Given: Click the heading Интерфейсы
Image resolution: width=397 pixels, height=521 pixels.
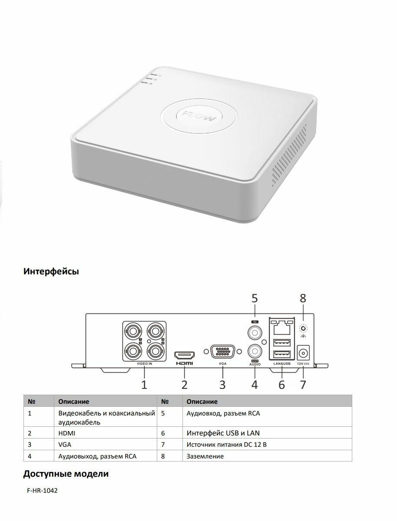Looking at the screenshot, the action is click(51, 272).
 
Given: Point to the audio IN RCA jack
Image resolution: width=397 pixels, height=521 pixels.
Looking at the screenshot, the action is click(255, 333).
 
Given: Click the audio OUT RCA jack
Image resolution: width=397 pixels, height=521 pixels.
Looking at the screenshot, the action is click(255, 350).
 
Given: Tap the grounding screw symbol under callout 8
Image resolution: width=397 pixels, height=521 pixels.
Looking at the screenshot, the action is click(303, 330).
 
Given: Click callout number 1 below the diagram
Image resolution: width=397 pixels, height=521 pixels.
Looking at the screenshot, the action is click(144, 384).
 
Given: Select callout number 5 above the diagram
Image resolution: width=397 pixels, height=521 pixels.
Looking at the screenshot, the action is click(255, 298).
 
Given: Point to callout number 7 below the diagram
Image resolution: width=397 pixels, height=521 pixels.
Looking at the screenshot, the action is click(303, 384).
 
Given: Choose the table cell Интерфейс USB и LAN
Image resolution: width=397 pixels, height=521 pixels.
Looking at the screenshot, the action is click(223, 433).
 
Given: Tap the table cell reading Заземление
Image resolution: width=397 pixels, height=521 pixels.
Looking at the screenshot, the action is click(205, 456).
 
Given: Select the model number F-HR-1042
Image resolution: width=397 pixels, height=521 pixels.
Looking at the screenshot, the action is click(42, 491).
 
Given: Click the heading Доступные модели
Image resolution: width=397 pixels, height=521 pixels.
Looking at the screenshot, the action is click(66, 474).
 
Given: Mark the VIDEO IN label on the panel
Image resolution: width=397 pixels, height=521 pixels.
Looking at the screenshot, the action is click(144, 365).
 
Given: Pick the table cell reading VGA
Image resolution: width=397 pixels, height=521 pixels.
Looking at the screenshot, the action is click(65, 445).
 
